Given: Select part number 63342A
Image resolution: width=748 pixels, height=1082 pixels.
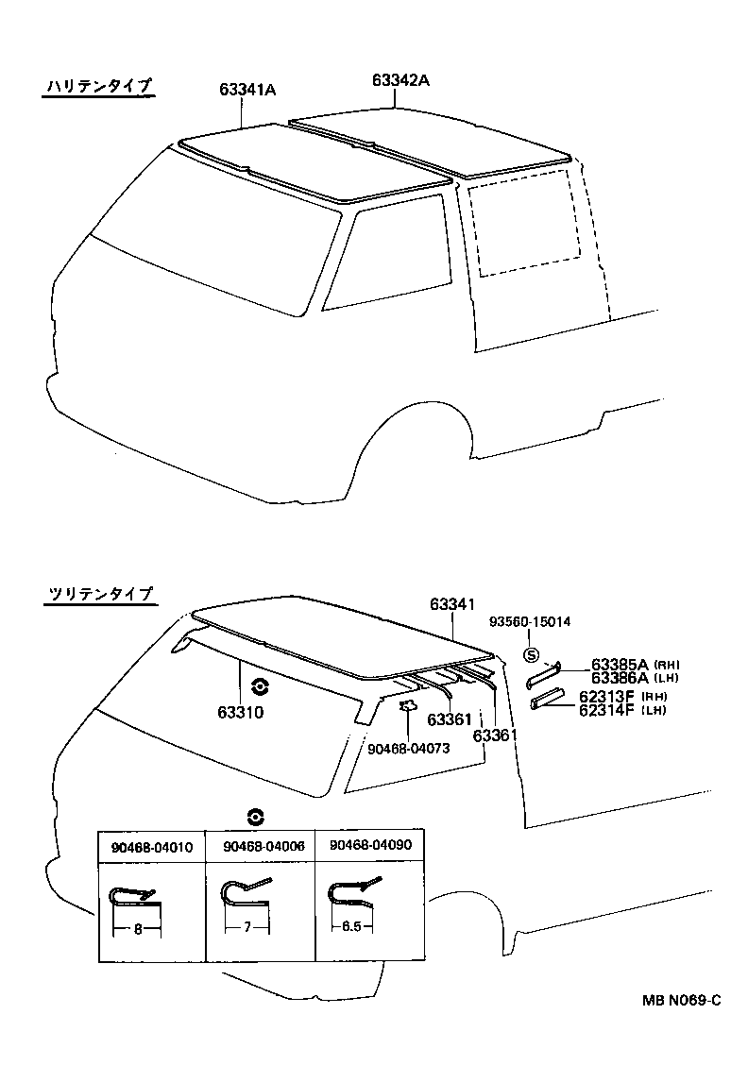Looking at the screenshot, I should pos(401,80).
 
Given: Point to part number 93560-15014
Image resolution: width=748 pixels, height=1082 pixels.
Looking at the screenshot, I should pos(529,621).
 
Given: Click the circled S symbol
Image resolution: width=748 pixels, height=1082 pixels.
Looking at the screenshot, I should pos(531,654).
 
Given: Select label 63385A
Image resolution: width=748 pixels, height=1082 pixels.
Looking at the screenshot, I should pos(619,664).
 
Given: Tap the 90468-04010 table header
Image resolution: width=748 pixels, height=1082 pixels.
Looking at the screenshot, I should pos(152,847).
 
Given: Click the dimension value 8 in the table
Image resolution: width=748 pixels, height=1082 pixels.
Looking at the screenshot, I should pos(137,929).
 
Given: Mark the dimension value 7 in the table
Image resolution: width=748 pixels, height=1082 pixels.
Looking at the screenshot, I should pos(246,928).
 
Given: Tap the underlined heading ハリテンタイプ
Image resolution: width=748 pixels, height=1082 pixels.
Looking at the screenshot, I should pos(98,87).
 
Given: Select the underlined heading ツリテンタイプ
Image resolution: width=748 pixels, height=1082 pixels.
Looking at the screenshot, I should pos(98,594).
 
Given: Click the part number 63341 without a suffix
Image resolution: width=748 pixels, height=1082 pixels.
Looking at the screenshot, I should pos(451,603).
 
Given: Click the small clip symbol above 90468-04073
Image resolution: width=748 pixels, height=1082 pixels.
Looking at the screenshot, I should pos(408,704).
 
